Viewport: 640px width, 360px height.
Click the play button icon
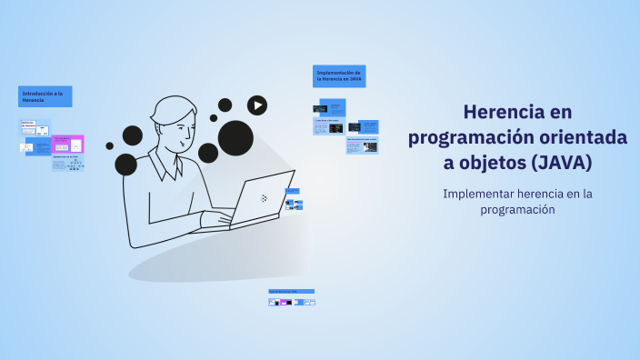pyautogui.click(x=257, y=105)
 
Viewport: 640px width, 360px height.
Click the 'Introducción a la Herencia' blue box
pyautogui.click(x=45, y=96)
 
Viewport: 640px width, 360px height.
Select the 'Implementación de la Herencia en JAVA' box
pyautogui.click(x=339, y=76)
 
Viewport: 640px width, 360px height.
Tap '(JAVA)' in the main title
pyautogui.click(x=562, y=162)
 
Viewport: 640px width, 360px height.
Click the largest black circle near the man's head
pyautogui.click(x=235, y=137)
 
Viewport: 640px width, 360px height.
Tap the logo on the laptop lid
pyautogui.click(x=264, y=197)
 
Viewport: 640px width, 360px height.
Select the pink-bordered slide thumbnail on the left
pyautogui.click(x=68, y=144)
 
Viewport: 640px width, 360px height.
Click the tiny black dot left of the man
pyautogui.click(x=109, y=145)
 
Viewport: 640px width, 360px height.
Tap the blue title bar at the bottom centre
pyautogui.click(x=291, y=292)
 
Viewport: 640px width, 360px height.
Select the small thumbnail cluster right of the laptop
pyautogui.click(x=294, y=200)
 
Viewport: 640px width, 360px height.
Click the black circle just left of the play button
pyautogui.click(x=225, y=105)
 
